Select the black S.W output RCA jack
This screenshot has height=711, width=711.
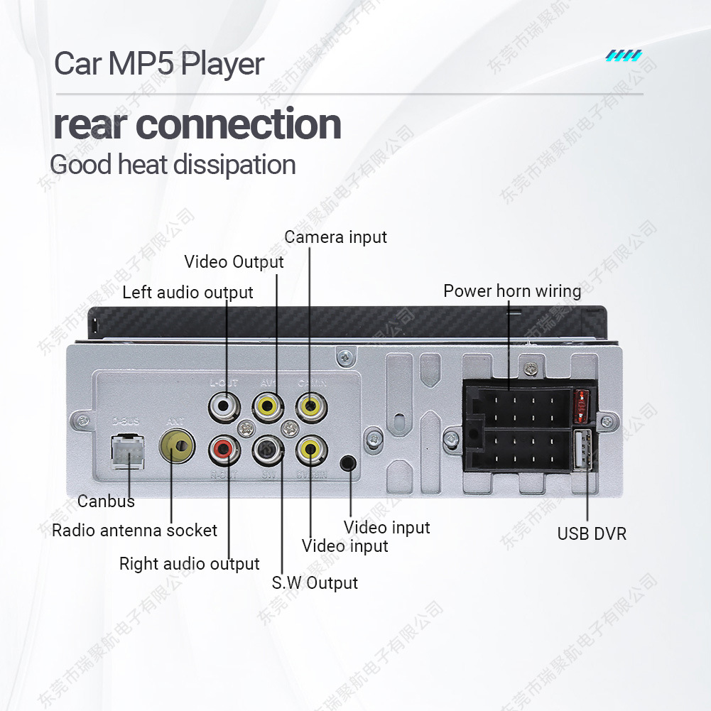[267, 449]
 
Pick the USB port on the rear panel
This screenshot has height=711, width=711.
[580, 449]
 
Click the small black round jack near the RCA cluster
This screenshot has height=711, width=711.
[348, 463]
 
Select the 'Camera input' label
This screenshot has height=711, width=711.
[336, 237]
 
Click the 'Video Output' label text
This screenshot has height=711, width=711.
[234, 261]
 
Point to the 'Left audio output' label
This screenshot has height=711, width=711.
[188, 293]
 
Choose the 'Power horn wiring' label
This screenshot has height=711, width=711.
[512, 291]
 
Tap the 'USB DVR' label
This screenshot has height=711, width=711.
[592, 533]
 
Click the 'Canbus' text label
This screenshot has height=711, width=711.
[106, 501]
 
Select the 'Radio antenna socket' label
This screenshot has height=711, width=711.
[134, 531]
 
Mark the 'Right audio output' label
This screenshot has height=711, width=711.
[189, 564]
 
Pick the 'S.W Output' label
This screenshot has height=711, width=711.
[315, 583]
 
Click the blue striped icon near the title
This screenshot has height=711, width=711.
[624, 55]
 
